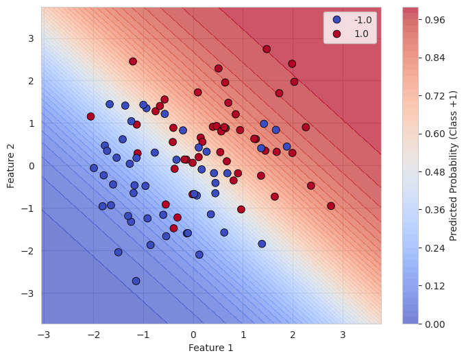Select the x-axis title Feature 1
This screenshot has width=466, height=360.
[x=211, y=348]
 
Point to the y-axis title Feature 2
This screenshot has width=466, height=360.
[x=11, y=165]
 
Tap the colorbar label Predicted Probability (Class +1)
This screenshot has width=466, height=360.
[x=453, y=165]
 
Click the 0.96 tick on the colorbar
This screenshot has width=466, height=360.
[x=432, y=20]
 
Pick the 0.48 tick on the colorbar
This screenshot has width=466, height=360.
[x=432, y=171]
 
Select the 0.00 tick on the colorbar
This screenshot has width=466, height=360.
[x=432, y=324]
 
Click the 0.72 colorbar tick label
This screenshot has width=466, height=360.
[x=432, y=96]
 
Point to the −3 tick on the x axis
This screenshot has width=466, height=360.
[x=43, y=333]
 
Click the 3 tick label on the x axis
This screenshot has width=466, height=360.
[x=343, y=333]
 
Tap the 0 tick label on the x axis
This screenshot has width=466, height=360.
[x=193, y=333]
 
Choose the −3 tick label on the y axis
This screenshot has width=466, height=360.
[x=30, y=293]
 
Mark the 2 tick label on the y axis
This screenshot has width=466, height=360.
[x=32, y=81]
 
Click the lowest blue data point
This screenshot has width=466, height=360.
[x=136, y=281]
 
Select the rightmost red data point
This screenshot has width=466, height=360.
[x=331, y=206]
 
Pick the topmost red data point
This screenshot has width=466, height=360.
[x=267, y=49]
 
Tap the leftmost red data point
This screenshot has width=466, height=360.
[x=90, y=117]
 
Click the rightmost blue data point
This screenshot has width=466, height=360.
[x=287, y=147]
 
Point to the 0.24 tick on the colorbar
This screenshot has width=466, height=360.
[x=432, y=248]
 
